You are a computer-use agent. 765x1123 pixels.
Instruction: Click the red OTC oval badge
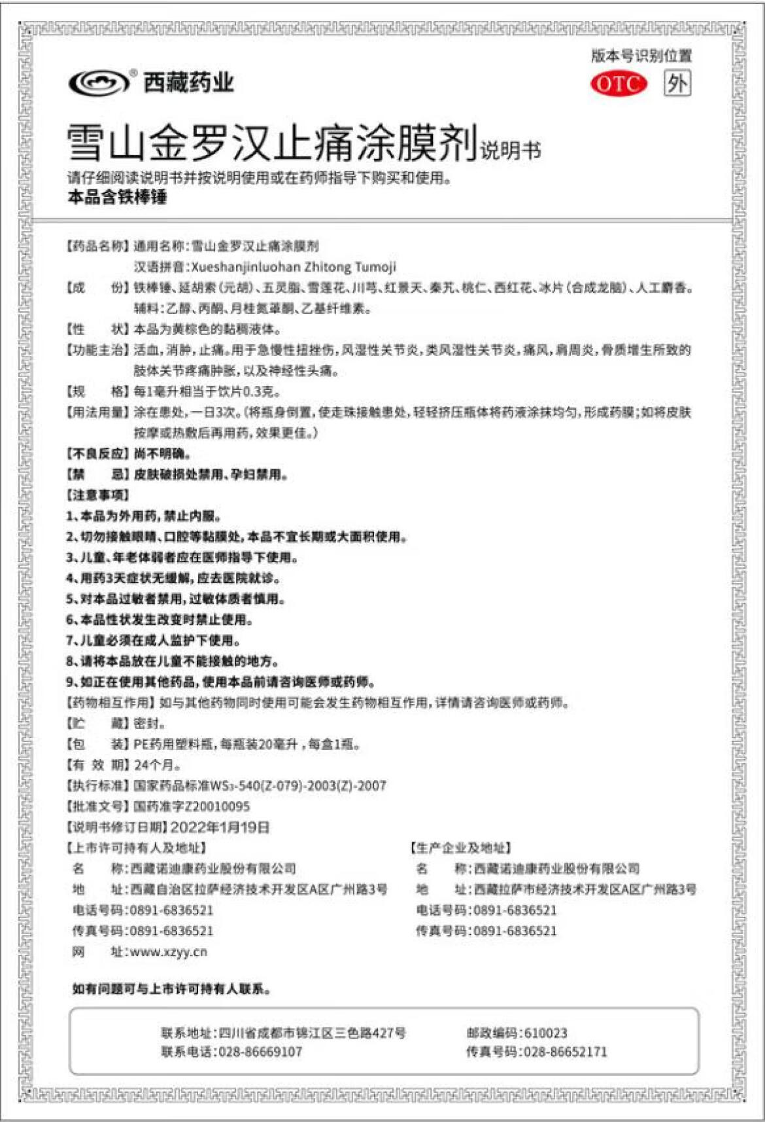[618, 84]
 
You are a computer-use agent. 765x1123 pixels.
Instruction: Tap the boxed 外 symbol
[677, 84]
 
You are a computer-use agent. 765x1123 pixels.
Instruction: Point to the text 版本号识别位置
[641, 56]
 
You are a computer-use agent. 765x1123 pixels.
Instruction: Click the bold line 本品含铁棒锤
[117, 197]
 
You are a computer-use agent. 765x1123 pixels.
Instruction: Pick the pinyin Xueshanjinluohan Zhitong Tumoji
[294, 267]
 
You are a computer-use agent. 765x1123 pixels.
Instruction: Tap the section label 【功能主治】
[97, 350]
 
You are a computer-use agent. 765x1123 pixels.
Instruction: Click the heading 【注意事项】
[97, 495]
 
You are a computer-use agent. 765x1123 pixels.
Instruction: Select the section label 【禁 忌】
[97, 474]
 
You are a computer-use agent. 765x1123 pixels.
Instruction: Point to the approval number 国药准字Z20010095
[192, 807]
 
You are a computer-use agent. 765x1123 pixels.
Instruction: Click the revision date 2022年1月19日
[220, 828]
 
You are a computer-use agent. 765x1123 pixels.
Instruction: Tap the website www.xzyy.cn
[169, 952]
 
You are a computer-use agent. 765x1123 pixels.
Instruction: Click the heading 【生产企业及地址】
[461, 849]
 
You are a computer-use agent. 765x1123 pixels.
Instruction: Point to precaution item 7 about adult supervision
[154, 641]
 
